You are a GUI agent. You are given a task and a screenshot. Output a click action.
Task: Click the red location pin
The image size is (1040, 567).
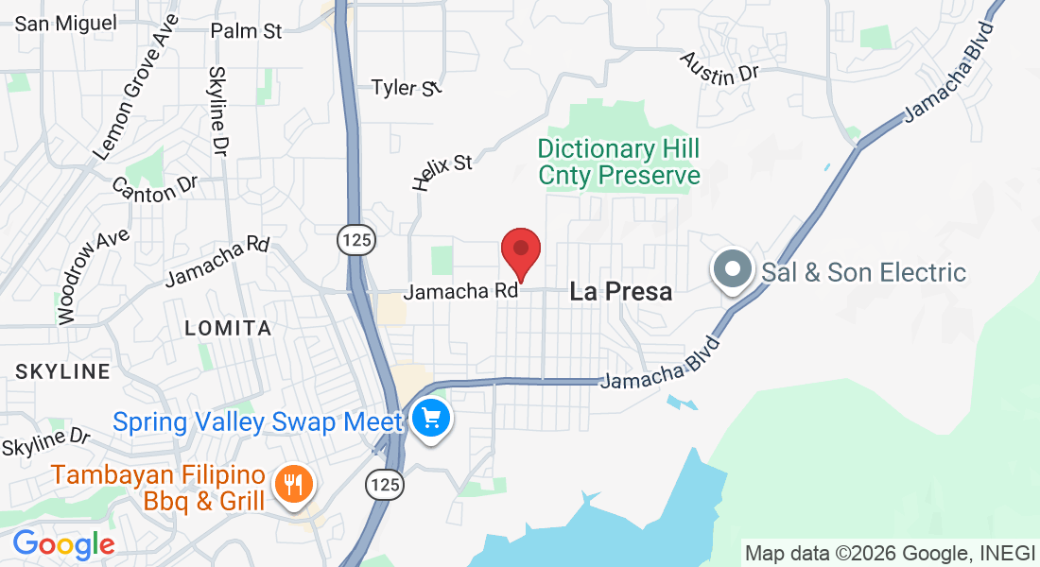(x=520, y=249)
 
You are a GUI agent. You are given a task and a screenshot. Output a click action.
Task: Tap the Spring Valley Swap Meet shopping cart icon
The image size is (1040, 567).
(x=432, y=417)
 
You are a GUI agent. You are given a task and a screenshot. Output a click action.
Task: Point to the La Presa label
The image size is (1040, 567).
(x=621, y=292)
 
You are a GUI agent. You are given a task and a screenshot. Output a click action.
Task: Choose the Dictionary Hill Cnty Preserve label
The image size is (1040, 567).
(x=618, y=162)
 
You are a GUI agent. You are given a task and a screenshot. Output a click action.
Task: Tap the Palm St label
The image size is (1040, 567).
(x=246, y=31)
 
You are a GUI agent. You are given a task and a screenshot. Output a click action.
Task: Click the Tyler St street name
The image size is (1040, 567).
(x=407, y=88)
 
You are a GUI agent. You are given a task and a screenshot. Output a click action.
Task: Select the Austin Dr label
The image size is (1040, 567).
(x=719, y=68)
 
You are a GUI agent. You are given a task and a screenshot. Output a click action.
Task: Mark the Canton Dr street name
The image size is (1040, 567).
(x=155, y=188)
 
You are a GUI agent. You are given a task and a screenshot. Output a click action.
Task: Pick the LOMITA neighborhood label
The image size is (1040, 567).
(x=228, y=328)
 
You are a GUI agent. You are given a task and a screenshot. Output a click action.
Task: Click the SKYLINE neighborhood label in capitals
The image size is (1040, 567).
(x=62, y=371)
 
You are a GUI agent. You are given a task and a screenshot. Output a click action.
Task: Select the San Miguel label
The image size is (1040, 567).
(x=65, y=23)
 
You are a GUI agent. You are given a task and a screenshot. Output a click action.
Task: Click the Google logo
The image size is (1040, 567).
(x=63, y=544)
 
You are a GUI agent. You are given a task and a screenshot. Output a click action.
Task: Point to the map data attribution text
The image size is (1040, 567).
(x=890, y=553)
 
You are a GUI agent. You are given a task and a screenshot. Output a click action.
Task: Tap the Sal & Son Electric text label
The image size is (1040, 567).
(x=864, y=273)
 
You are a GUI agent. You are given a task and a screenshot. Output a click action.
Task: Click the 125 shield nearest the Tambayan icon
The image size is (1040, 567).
(x=385, y=486)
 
